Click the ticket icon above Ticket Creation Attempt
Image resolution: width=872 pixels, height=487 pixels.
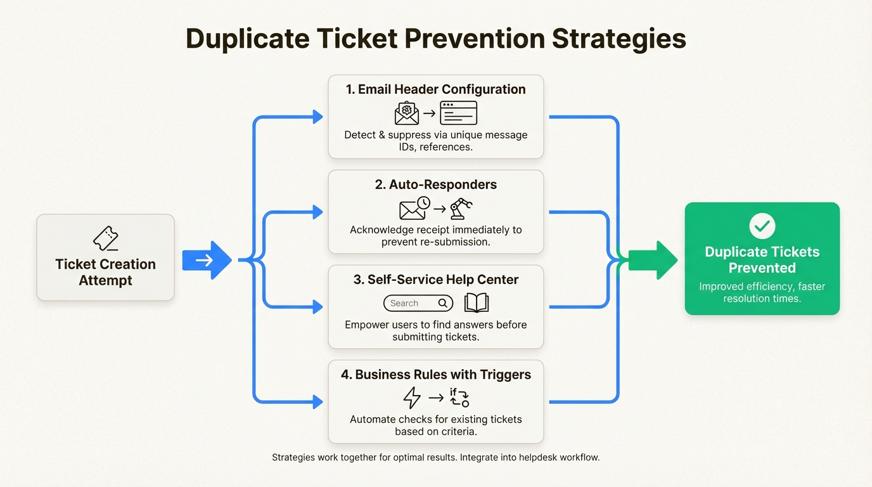coord(106,239)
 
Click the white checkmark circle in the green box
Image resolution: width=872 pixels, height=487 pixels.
coord(762,226)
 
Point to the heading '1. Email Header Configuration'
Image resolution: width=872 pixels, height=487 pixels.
coord(435,89)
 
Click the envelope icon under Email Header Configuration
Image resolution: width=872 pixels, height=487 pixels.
coord(407,114)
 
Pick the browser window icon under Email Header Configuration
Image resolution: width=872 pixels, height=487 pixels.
coord(458,114)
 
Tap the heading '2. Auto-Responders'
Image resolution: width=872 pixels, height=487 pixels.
coord(435,185)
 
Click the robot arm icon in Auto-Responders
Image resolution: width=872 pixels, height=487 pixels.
coord(461,208)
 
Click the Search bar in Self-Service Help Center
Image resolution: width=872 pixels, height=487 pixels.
coord(418,303)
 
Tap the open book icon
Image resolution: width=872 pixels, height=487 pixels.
coord(477,303)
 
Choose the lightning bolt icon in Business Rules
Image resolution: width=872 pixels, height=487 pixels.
coord(412,398)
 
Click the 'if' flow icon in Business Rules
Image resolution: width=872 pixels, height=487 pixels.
coord(459,398)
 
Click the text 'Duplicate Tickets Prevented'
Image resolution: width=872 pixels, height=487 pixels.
coord(762,259)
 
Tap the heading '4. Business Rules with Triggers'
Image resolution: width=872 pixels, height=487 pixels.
coord(435,375)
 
